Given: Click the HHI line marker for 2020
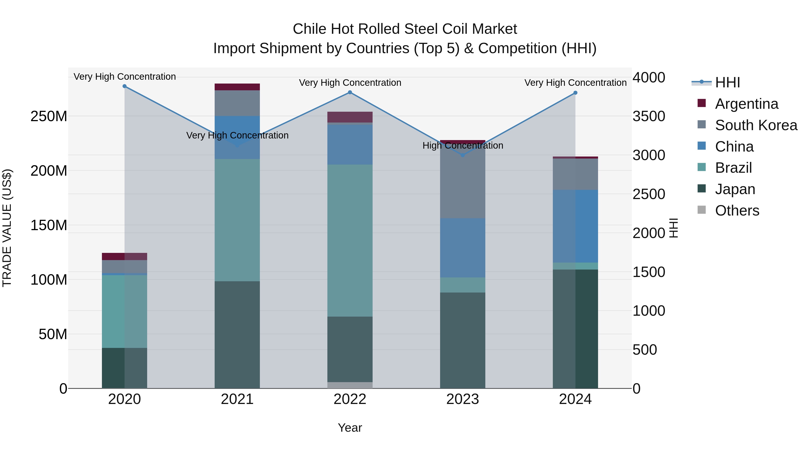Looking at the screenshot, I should (x=124, y=86).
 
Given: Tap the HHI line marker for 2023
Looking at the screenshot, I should (x=463, y=155).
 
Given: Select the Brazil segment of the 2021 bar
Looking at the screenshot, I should (x=237, y=220).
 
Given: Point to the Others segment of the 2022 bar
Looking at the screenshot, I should (x=350, y=385).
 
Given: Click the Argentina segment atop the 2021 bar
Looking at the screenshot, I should (x=237, y=87).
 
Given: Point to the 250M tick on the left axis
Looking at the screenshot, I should (x=49, y=116).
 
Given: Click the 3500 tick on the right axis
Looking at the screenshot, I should (x=649, y=116).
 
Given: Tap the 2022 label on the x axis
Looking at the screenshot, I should (x=350, y=399).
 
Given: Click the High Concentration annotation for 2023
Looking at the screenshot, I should (x=463, y=145).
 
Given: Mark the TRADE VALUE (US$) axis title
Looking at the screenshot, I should (x=7, y=228).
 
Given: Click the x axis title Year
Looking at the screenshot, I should (x=350, y=428).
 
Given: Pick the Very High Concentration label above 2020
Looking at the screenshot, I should (x=124, y=77).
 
